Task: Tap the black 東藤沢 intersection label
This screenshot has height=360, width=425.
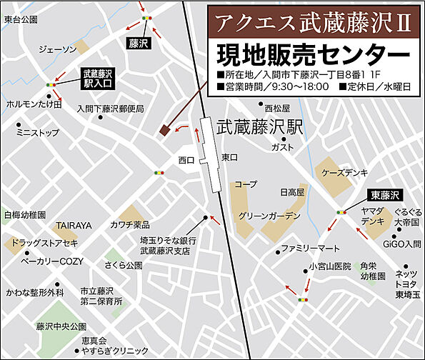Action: pos(386,194)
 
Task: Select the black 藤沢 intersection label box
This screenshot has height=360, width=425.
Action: pos(138,44)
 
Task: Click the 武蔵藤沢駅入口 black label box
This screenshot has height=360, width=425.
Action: pos(98,78)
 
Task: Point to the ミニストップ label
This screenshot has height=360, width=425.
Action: pos(38,132)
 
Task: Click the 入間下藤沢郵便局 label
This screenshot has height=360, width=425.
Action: pos(111,109)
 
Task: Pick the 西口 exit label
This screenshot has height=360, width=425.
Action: pos(186,160)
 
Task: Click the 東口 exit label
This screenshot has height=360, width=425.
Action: pos(229,156)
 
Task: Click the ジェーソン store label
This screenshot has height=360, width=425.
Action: pos(56,49)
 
